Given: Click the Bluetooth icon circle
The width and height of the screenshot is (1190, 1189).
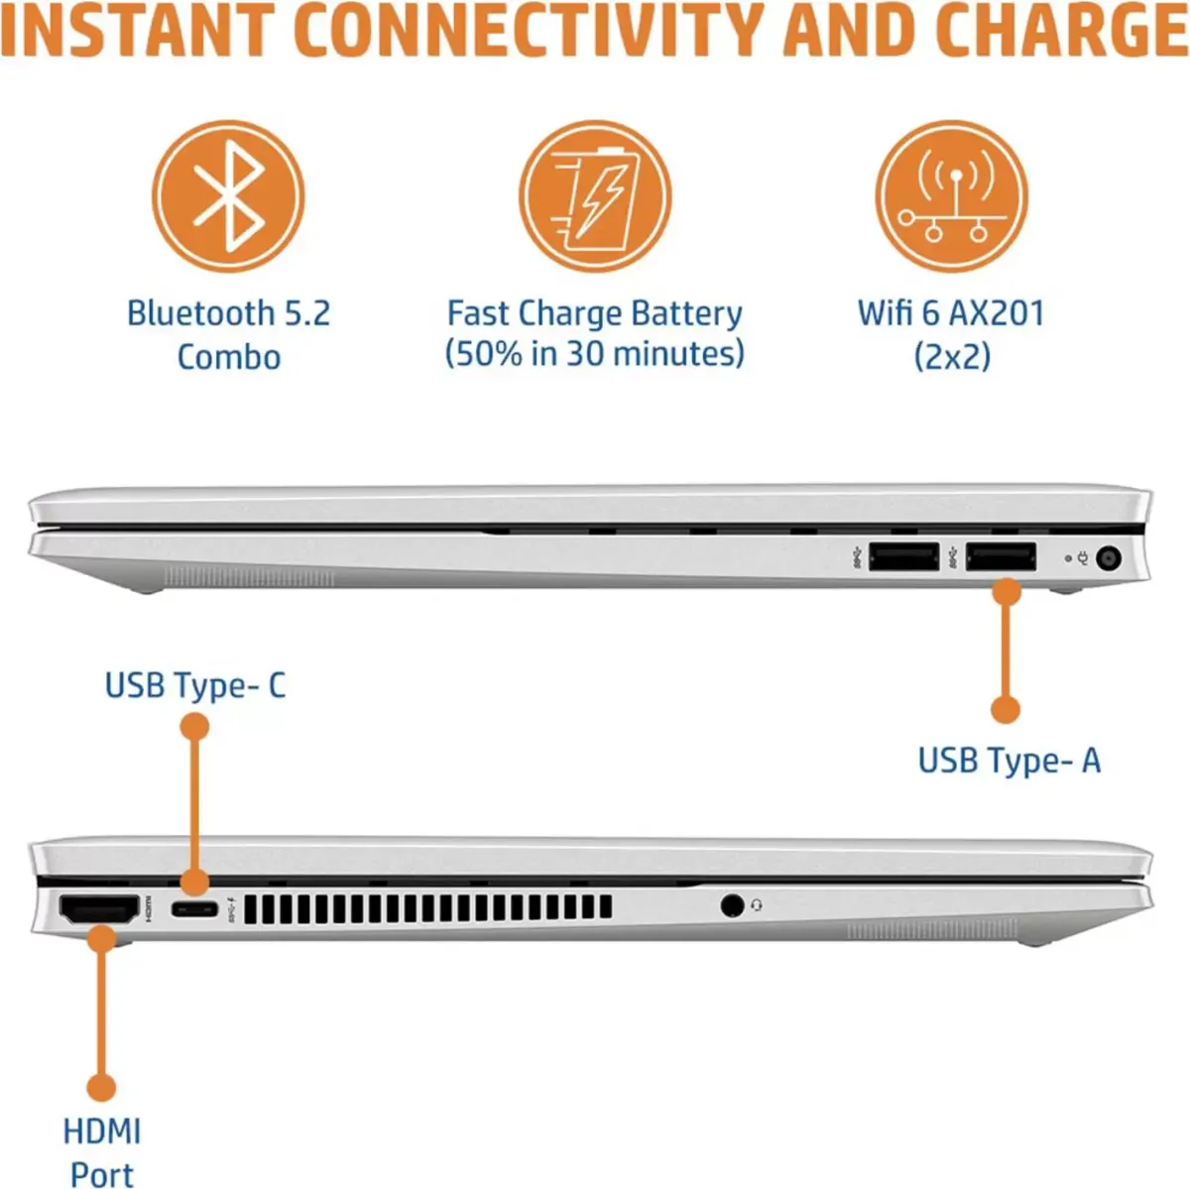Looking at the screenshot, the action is (x=228, y=196).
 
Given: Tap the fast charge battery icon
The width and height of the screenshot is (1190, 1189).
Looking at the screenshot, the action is (x=595, y=196).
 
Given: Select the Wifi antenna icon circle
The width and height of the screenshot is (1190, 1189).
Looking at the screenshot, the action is (x=951, y=196).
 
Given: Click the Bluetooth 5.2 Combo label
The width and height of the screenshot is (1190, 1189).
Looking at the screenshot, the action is (x=228, y=334).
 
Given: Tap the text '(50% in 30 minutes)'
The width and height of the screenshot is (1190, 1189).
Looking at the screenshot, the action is (x=595, y=354).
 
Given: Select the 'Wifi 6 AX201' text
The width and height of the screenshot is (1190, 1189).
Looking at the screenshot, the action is (x=951, y=312).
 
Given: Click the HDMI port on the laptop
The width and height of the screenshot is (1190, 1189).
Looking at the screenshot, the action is (x=99, y=908).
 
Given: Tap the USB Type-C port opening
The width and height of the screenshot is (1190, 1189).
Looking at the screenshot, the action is (x=194, y=908).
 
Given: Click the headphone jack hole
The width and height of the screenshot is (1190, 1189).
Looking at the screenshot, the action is (x=732, y=905).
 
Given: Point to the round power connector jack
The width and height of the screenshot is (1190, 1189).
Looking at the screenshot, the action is (x=1109, y=558).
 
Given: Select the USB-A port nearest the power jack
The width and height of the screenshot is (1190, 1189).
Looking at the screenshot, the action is (x=1001, y=556).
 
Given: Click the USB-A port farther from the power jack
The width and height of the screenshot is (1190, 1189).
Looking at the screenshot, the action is (x=904, y=556).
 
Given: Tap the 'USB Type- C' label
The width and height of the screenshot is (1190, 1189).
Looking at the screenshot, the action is (x=195, y=686).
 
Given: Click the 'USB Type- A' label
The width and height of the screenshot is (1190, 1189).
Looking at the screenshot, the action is (x=1010, y=761).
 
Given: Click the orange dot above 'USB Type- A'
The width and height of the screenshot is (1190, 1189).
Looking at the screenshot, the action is (x=1006, y=709).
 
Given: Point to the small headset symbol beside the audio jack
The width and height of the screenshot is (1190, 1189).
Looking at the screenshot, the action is (x=757, y=905).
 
